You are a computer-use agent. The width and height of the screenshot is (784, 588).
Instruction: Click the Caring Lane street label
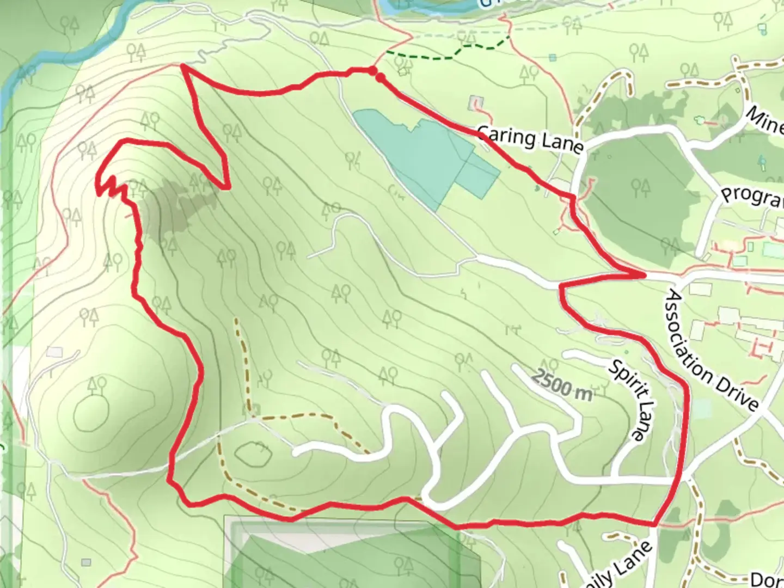pyautogui.click(x=530, y=139)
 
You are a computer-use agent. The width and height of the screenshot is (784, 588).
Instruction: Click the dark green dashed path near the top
pyautogui.click(x=452, y=52)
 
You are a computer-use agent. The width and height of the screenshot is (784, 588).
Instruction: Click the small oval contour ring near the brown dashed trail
pyautogui.click(x=254, y=454)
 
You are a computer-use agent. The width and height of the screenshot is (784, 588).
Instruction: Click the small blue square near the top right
pyautogui.click(x=553, y=57)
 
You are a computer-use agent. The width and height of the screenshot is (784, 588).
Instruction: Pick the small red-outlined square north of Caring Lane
pyautogui.click(x=477, y=102)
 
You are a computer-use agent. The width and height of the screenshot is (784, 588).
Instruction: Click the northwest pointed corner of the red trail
pyautogui.click(x=183, y=66)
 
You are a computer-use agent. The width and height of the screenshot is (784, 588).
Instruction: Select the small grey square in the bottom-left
pyautogui.click(x=85, y=562)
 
